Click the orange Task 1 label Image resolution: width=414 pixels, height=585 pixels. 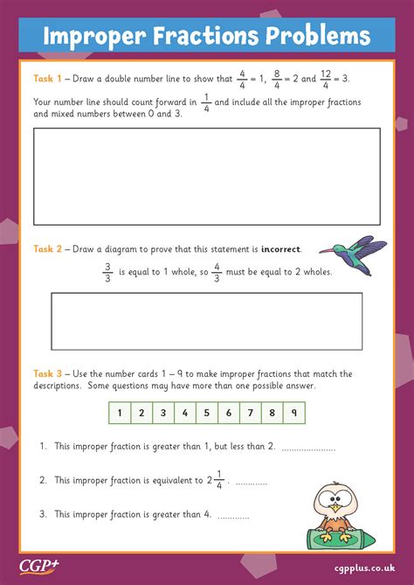48,79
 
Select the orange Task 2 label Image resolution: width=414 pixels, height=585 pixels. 48,249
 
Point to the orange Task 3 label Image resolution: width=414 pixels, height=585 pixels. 48,374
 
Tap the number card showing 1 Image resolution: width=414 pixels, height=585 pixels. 119,413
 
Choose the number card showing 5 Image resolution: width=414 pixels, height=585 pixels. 206,413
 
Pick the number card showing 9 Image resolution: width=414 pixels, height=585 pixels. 294,413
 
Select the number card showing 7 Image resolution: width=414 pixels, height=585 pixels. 251,413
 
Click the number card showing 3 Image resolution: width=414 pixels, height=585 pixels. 162,413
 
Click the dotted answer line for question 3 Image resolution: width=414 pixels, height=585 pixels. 233,516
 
